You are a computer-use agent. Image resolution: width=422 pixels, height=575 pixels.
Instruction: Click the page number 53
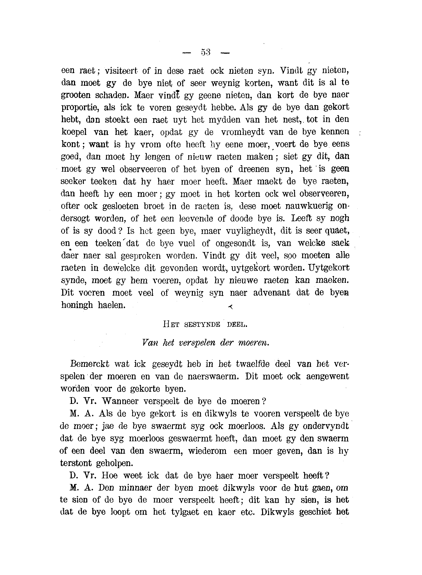click(x=206, y=52)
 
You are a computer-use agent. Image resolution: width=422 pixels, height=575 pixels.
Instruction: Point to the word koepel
click(x=74, y=132)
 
